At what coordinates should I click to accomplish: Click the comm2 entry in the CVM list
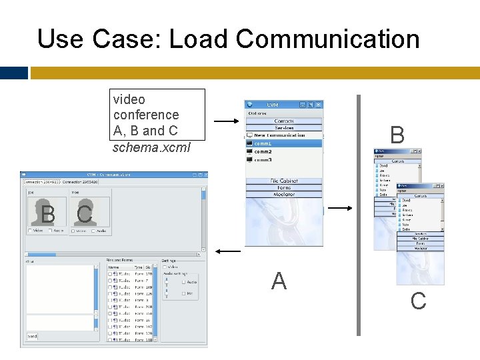[263, 152]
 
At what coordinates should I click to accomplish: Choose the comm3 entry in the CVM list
[263, 160]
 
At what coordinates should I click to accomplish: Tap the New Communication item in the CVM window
[279, 135]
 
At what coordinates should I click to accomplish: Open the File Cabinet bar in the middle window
[284, 181]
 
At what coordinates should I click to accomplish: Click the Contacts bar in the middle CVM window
[284, 121]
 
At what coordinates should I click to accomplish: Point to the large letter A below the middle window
[279, 281]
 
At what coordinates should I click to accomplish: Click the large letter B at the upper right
[397, 135]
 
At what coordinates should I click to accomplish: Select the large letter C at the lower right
[418, 301]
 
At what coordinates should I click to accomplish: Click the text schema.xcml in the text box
[151, 147]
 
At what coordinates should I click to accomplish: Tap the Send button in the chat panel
[33, 337]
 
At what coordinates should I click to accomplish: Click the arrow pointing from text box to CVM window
[227, 122]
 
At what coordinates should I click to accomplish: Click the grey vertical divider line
[359, 213]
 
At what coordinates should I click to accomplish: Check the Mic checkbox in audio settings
[183, 293]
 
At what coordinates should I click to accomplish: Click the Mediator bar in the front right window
[420, 249]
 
